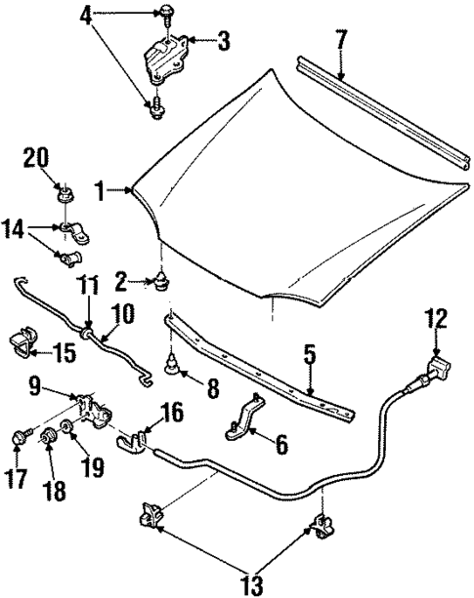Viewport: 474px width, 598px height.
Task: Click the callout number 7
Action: (x=339, y=42)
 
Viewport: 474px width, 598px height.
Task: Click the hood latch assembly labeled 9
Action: (x=93, y=408)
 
